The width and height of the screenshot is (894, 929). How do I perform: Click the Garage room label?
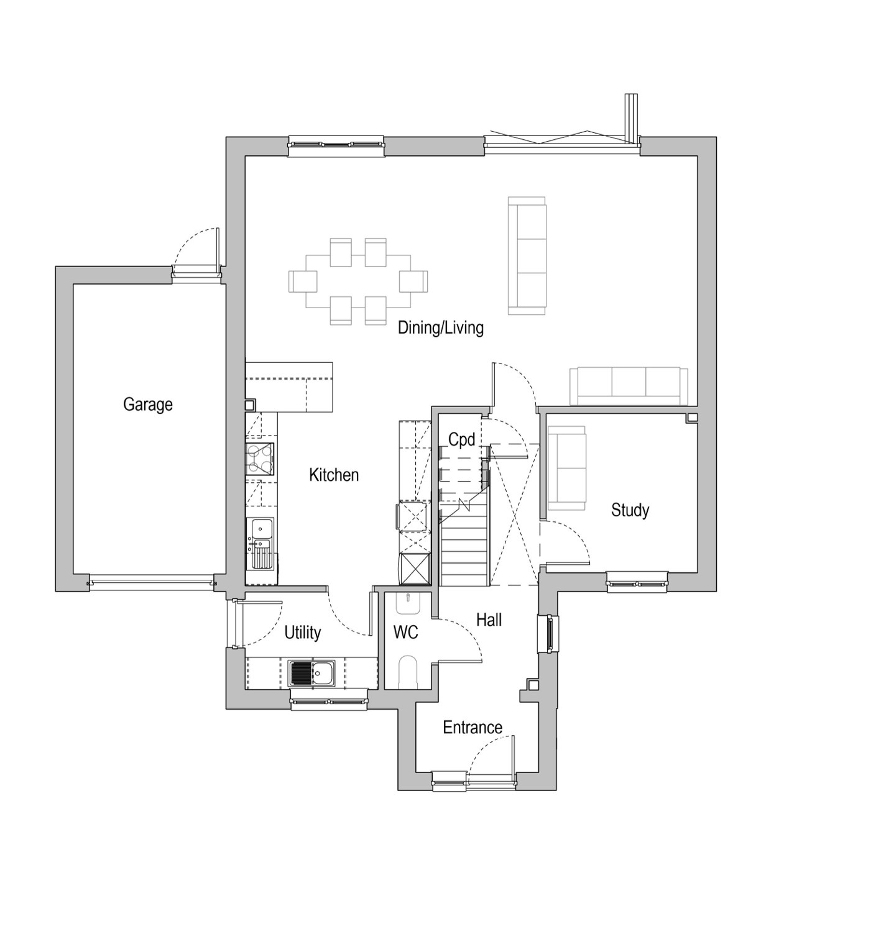tap(148, 405)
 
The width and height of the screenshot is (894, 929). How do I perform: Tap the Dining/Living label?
tap(441, 327)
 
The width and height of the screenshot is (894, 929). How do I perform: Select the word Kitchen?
tap(334, 475)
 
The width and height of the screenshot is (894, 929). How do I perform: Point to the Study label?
tap(630, 510)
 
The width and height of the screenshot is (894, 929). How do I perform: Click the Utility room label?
tap(303, 633)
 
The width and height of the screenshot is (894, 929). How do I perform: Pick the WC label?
tap(406, 633)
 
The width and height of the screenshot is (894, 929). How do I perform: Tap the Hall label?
tap(489, 620)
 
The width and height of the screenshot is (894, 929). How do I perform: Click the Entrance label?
tap(472, 727)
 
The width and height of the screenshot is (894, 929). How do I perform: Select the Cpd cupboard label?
tap(462, 440)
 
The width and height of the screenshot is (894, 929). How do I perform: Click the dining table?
tap(358, 281)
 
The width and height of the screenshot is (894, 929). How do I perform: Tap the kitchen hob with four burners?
tap(260, 459)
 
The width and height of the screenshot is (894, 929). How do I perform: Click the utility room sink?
tap(312, 673)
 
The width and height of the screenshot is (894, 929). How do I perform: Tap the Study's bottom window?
tap(637, 582)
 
